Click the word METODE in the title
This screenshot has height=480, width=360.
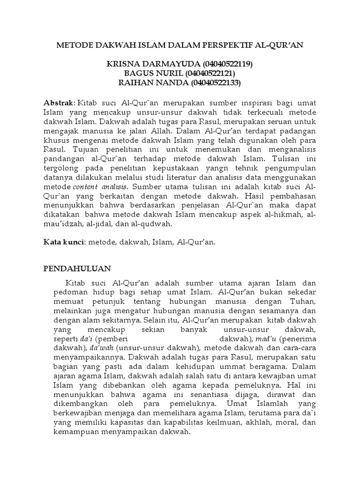(x=73, y=45)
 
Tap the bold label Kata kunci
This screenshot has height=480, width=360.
(x=63, y=242)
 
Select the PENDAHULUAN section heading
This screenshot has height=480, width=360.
(x=77, y=269)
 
